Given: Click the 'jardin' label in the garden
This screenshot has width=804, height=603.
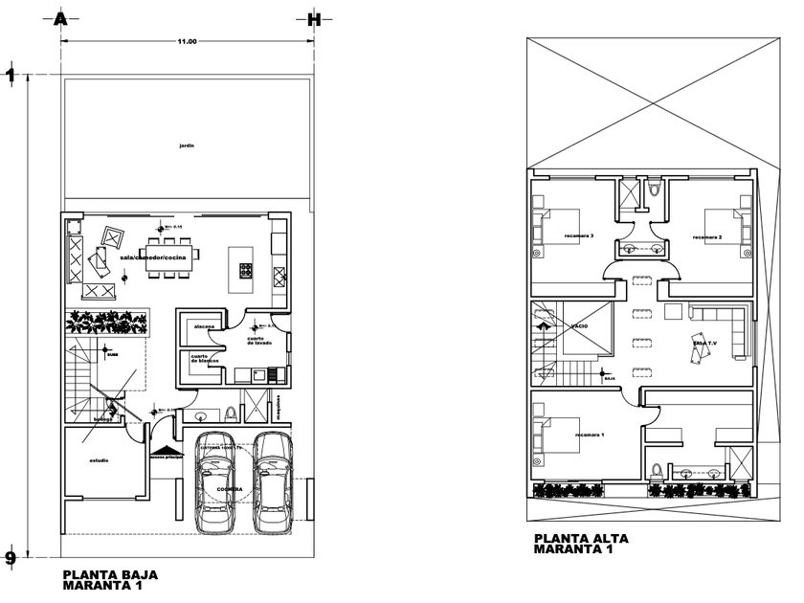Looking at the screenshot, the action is pyautogui.click(x=187, y=145).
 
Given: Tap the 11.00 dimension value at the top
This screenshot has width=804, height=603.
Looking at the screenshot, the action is pyautogui.click(x=187, y=41).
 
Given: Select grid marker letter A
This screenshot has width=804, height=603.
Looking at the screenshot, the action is pyautogui.click(x=60, y=18).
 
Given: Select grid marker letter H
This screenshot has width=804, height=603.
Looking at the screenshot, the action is pyautogui.click(x=312, y=18).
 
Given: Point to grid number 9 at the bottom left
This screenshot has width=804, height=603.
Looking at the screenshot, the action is pyautogui.click(x=11, y=557).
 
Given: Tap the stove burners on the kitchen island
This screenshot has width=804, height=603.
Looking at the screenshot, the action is pyautogui.click(x=242, y=271).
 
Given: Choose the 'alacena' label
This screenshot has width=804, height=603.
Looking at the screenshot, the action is pyautogui.click(x=204, y=326).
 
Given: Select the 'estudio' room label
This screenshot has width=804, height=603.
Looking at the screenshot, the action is pyautogui.click(x=99, y=461).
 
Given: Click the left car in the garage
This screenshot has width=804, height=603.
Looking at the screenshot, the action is pyautogui.click(x=214, y=483).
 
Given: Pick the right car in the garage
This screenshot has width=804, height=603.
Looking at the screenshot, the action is pyautogui.click(x=272, y=483).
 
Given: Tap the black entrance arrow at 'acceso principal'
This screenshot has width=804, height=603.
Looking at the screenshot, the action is pyautogui.click(x=167, y=451).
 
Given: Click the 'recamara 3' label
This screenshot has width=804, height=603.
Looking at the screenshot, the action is pyautogui.click(x=579, y=236).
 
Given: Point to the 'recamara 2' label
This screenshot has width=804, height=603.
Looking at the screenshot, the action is pyautogui.click(x=706, y=236).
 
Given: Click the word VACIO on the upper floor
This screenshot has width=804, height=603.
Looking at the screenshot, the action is pyautogui.click(x=579, y=326).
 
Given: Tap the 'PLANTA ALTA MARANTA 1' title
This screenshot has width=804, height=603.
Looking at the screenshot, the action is pyautogui.click(x=581, y=543).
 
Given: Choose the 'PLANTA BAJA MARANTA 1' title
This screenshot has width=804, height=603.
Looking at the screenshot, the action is pyautogui.click(x=110, y=580).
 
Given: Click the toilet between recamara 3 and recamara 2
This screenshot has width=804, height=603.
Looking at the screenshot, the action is pyautogui.click(x=654, y=190).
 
